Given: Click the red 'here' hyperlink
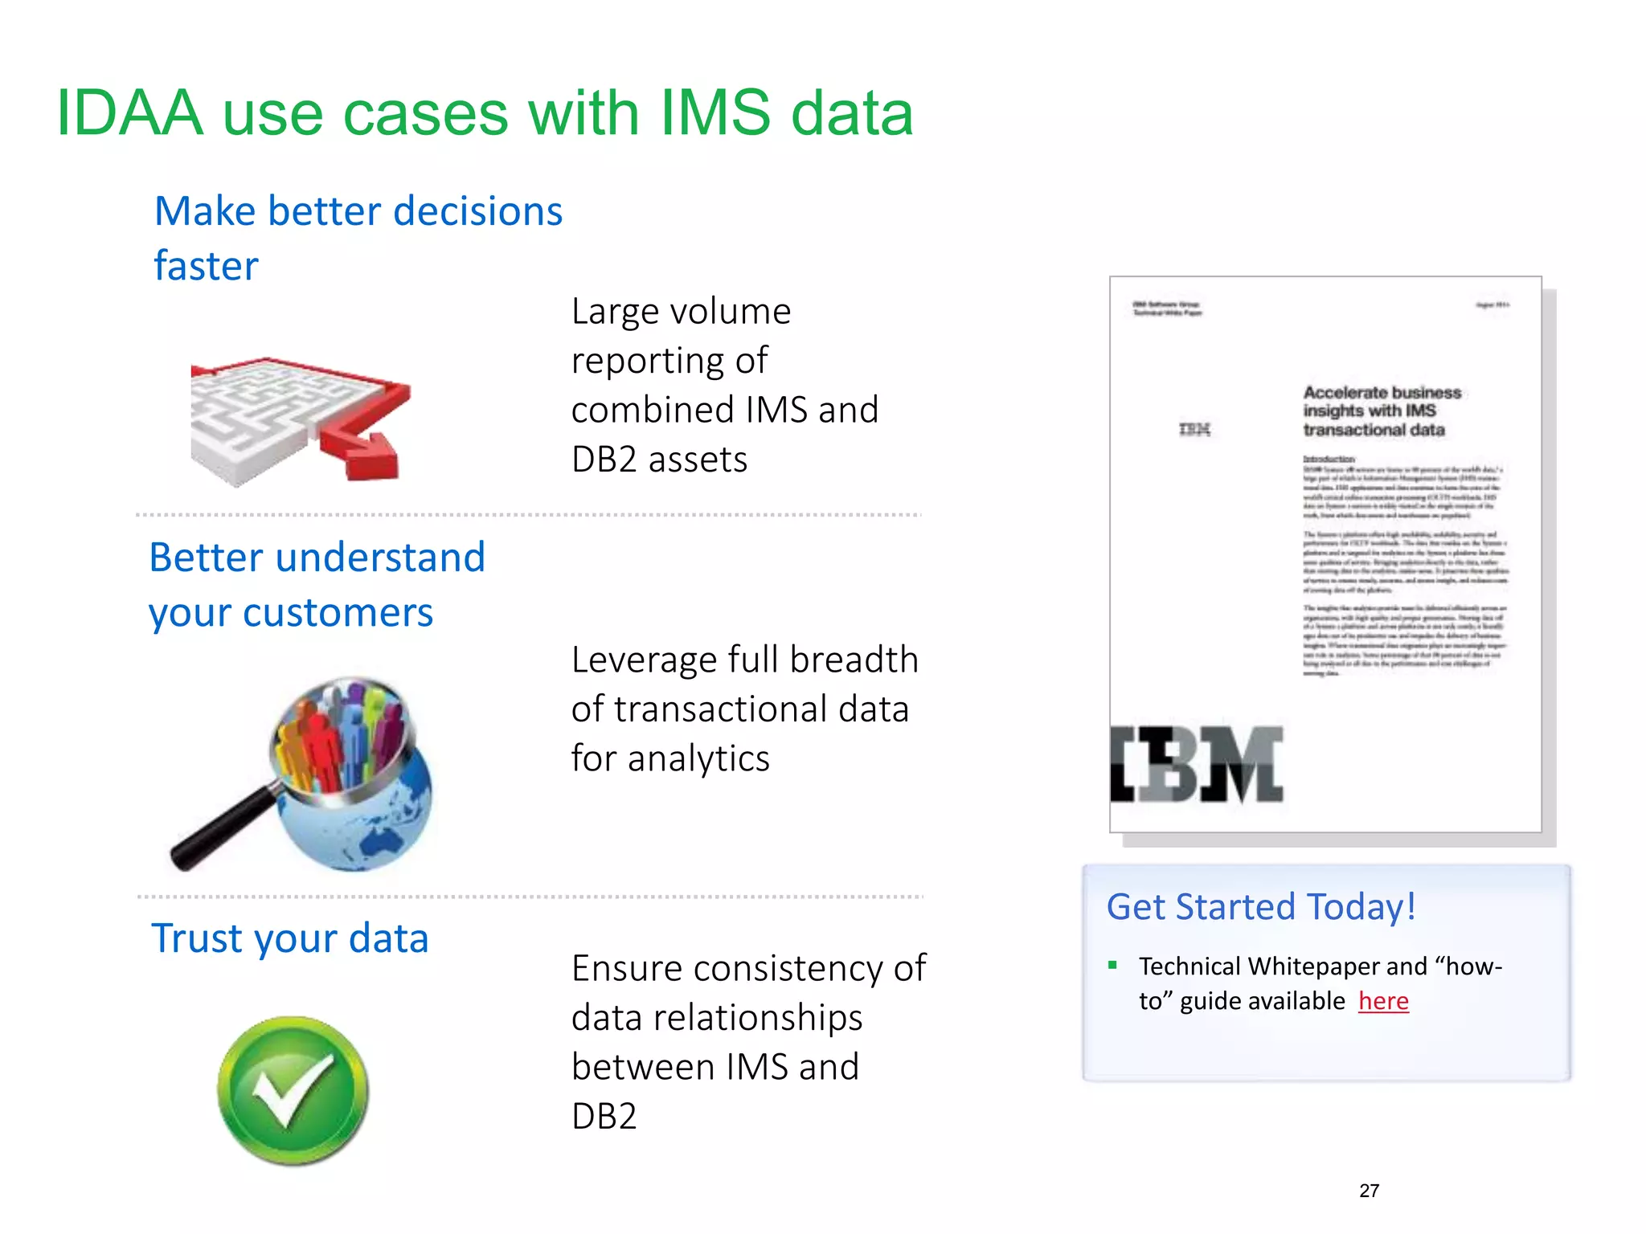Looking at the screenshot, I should (x=1383, y=1001).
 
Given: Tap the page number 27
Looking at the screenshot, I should (x=1369, y=1191).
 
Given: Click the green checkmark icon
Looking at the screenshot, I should (x=293, y=1091).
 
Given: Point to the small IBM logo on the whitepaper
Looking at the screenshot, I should (x=1194, y=430).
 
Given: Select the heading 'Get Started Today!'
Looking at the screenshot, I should (x=1260, y=907).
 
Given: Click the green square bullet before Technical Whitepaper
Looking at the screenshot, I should (x=1112, y=966).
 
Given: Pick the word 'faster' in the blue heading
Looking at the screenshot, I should (x=206, y=266).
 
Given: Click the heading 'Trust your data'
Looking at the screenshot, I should (x=289, y=938).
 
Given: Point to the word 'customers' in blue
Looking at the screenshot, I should (x=338, y=613).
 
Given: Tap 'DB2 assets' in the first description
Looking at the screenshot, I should (x=659, y=460).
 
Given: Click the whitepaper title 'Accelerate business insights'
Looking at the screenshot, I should (x=1381, y=411).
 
